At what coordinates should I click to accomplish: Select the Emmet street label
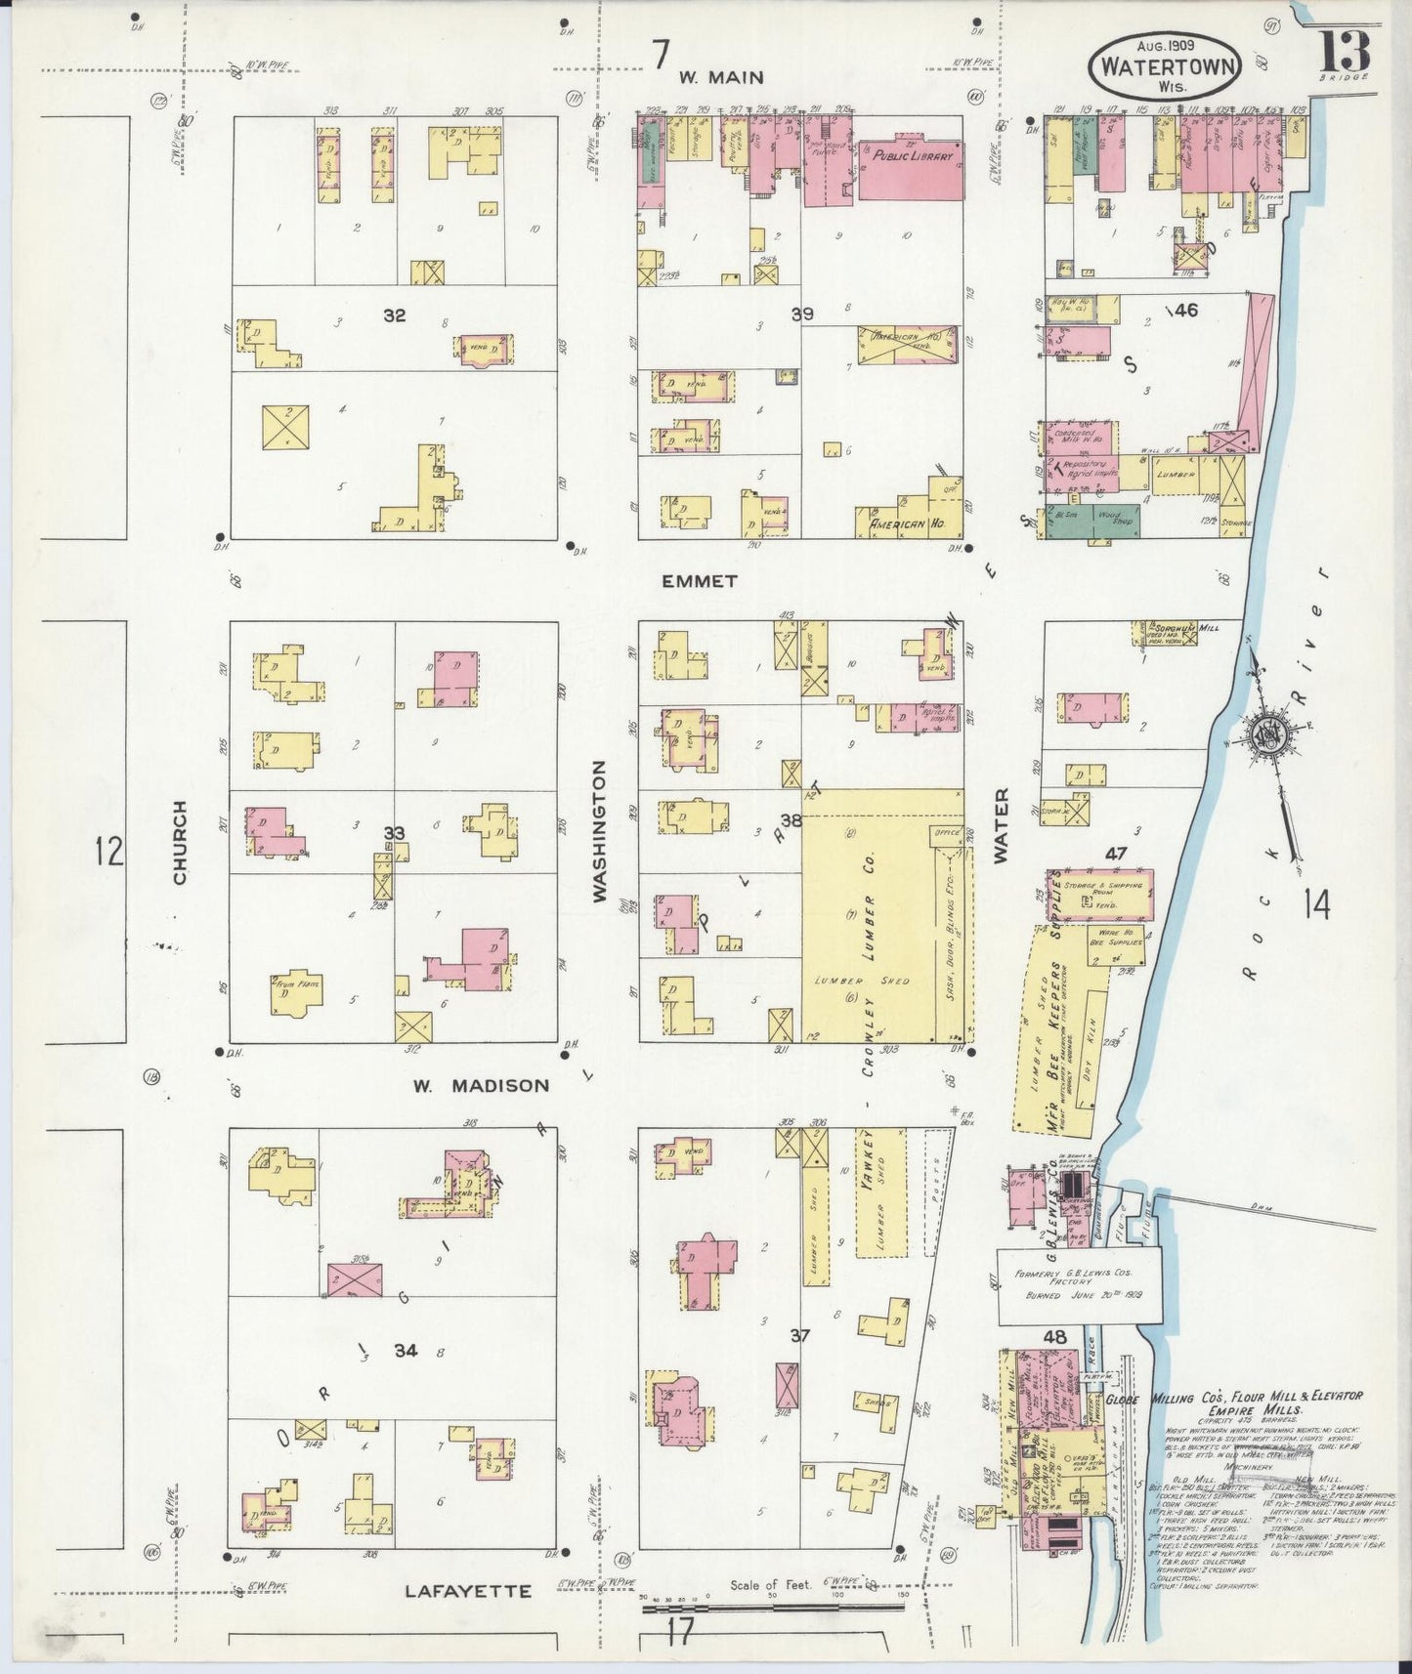coord(700,581)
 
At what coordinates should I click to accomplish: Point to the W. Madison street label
coord(480,1085)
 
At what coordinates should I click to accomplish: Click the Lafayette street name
coord(468,1591)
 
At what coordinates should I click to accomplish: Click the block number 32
coord(394,315)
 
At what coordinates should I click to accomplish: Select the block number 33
coord(394,833)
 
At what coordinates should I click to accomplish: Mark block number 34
coord(406,1351)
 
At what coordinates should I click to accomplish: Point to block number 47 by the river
coord(1116,854)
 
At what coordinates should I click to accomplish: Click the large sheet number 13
coord(1346,48)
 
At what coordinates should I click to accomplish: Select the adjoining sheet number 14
coord(1316,905)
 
